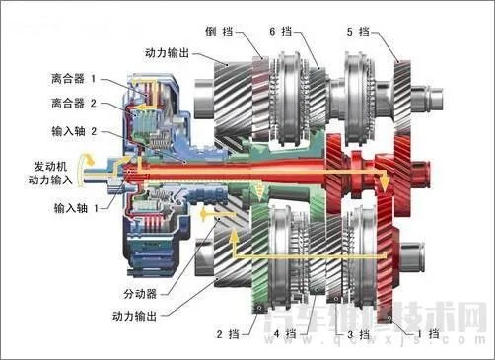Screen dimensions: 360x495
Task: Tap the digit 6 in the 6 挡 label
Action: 273,33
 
